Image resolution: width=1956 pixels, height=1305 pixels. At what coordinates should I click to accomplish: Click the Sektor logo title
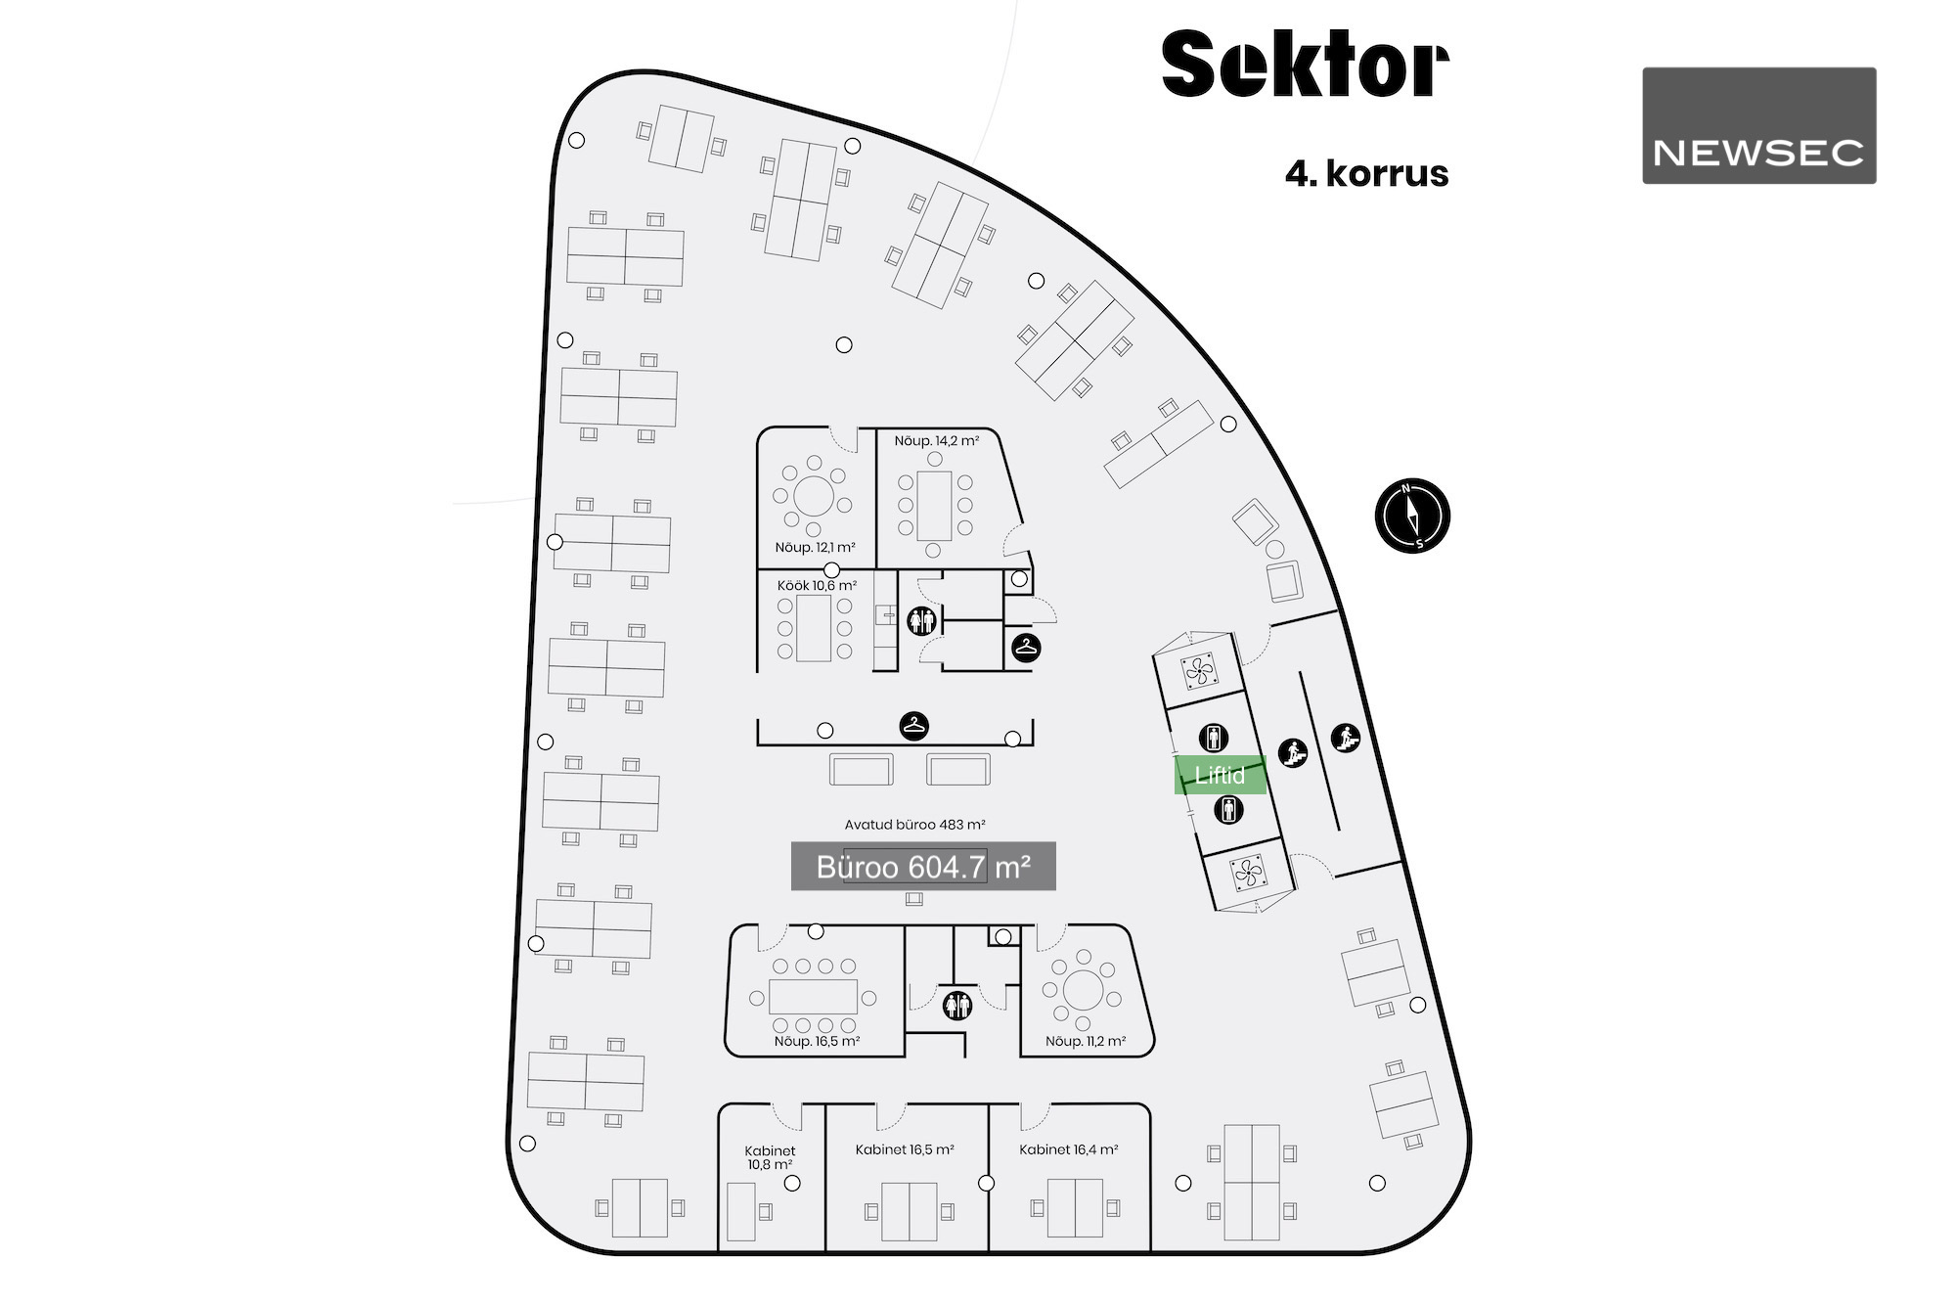1305,65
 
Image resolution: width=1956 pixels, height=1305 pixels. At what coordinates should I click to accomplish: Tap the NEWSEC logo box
1758,125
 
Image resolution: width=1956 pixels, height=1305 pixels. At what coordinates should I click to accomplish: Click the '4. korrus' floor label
1366,173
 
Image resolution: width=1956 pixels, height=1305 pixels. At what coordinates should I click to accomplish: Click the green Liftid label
1220,775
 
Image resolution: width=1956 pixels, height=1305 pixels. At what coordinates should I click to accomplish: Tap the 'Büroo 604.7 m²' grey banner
923,867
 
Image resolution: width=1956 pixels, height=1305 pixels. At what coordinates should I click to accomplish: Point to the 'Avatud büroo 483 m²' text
914,825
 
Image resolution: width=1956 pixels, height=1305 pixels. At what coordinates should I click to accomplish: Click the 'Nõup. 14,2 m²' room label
936,441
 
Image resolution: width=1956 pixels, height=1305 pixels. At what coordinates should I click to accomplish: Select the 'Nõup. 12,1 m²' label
815,548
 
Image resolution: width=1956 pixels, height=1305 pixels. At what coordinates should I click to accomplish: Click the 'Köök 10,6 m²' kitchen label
817,586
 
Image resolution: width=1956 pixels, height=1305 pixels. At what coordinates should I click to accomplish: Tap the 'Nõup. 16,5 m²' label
817,1042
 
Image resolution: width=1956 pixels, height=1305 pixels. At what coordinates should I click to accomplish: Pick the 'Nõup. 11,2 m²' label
1085,1042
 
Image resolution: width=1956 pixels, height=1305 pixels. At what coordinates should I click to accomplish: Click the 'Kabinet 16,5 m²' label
905,1149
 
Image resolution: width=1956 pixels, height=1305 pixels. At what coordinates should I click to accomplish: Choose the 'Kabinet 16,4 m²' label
1068,1149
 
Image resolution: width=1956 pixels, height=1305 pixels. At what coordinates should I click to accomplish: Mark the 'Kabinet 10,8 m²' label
770,1157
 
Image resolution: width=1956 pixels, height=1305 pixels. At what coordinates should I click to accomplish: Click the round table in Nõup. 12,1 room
813,496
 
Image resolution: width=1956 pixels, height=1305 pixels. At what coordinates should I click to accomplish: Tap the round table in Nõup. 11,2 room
1082,990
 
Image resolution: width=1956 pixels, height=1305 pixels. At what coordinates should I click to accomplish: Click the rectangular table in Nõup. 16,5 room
813,997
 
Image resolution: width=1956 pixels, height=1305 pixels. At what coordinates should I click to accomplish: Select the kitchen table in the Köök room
814,627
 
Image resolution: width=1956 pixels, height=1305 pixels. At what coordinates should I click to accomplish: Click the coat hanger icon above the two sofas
913,726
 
